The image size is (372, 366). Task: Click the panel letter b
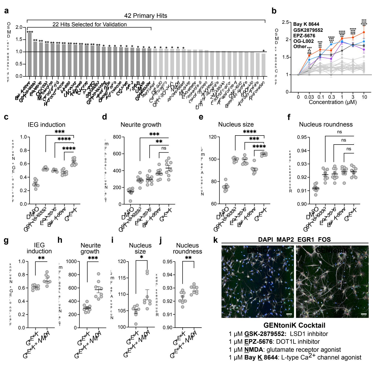[274, 11]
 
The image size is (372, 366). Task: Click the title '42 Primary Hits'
[145, 16]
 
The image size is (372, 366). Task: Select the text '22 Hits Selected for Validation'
[90, 25]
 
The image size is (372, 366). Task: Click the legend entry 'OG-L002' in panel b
[303, 41]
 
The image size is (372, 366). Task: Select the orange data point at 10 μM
[364, 32]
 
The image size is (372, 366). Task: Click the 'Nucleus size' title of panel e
[236, 125]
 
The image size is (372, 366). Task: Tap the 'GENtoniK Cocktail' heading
[294, 325]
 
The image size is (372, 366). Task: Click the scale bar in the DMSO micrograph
[289, 314]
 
